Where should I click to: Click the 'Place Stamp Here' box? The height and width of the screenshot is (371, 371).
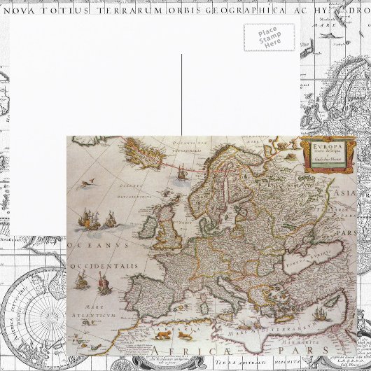(x=269, y=36)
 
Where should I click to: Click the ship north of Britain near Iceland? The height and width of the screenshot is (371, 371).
(x=181, y=171)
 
